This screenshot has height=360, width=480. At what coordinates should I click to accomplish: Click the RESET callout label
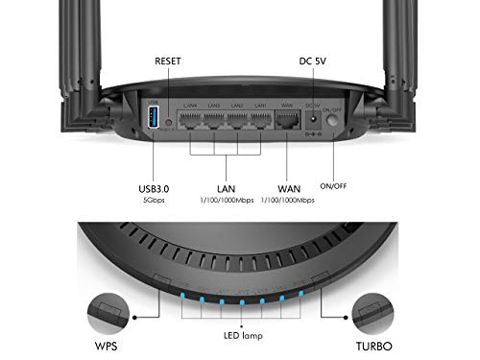[x=167, y=60]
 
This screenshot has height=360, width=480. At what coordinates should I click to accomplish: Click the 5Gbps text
[x=153, y=203]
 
